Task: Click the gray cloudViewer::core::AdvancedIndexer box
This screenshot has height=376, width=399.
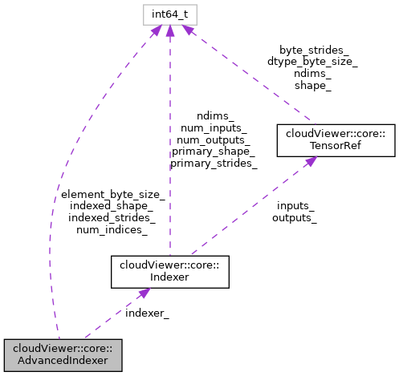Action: tap(62, 354)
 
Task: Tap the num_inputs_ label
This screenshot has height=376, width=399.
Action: tap(214, 127)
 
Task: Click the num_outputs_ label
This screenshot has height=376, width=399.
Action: tap(214, 139)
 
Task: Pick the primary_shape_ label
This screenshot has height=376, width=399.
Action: tap(214, 151)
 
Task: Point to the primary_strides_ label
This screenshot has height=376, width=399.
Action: tap(214, 163)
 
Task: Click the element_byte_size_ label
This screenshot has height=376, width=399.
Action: tap(112, 195)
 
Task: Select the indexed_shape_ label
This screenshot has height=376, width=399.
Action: tap(112, 206)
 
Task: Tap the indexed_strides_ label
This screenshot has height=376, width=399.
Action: tap(112, 218)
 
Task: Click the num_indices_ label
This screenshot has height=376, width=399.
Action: tap(112, 230)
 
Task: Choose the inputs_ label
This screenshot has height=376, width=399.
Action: tap(294, 206)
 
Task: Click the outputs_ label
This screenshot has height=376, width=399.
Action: tap(294, 217)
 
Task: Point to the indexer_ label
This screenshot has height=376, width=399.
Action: tap(147, 312)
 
